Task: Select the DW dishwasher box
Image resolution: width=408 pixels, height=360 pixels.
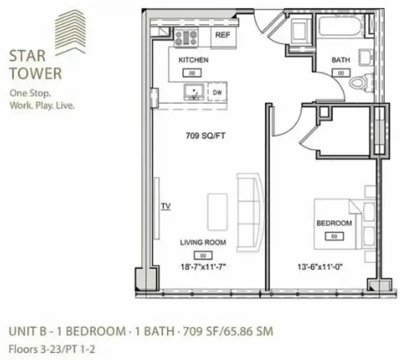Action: tap(218, 92)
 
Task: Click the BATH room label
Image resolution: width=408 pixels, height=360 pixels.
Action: tap(341, 61)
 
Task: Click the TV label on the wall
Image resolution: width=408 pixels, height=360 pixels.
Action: tap(165, 207)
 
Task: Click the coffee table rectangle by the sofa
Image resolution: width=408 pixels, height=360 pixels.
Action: tap(218, 211)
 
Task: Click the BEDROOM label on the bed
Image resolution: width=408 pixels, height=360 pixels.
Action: tap(333, 223)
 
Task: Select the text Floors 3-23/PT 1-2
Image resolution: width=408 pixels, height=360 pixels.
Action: tap(54, 346)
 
